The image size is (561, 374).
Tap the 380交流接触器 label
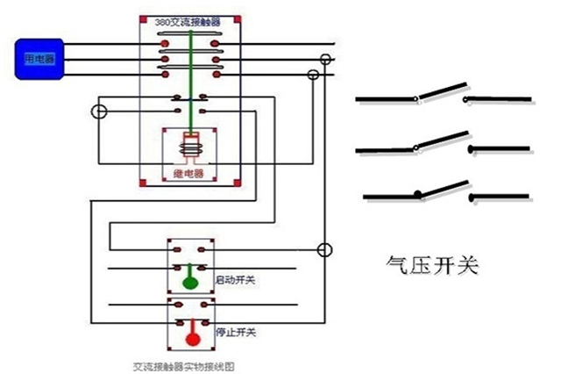pos(190,19)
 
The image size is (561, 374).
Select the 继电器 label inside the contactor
pos(190,174)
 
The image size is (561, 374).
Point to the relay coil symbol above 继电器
pos(190,145)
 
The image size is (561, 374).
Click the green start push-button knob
pos(190,283)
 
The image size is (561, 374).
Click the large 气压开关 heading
pos(433,264)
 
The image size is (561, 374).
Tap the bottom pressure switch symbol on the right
pos(442,191)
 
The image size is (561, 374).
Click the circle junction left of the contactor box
pos(100,111)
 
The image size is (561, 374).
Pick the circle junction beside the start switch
pos(323,251)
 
